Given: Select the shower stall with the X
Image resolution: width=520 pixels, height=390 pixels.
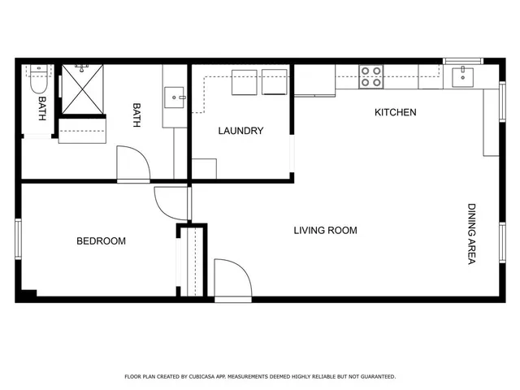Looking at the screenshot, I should click(x=84, y=89).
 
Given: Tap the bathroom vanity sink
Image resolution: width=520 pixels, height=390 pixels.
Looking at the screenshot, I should click(x=175, y=97).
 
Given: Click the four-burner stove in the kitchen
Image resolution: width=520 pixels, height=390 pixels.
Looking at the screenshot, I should click(x=371, y=76).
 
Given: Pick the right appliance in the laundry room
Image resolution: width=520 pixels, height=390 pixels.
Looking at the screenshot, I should click(x=274, y=82).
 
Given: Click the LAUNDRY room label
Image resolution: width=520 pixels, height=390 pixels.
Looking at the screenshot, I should click(x=240, y=131).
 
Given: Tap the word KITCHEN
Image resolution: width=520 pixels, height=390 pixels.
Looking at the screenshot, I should click(x=395, y=112).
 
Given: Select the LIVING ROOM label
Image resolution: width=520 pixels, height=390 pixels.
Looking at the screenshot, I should click(x=325, y=231).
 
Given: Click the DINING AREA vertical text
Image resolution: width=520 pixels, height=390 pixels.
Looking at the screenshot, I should click(x=471, y=233).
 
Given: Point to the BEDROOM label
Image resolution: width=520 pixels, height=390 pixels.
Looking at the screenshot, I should click(x=101, y=241).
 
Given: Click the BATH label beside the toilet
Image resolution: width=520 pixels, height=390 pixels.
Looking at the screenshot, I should click(x=42, y=109).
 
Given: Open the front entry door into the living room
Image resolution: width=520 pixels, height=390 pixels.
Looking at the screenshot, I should click(x=232, y=280).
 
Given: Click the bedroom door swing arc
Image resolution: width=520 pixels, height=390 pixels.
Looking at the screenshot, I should click(x=170, y=203).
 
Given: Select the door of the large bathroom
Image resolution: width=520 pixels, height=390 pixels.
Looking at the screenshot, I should click(x=133, y=165).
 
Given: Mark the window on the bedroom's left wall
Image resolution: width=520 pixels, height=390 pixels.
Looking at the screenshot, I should click(x=18, y=240).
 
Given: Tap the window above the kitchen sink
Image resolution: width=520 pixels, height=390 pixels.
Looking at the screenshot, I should click(x=462, y=60).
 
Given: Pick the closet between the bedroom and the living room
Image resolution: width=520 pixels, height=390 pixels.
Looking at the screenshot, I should click(x=193, y=262).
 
